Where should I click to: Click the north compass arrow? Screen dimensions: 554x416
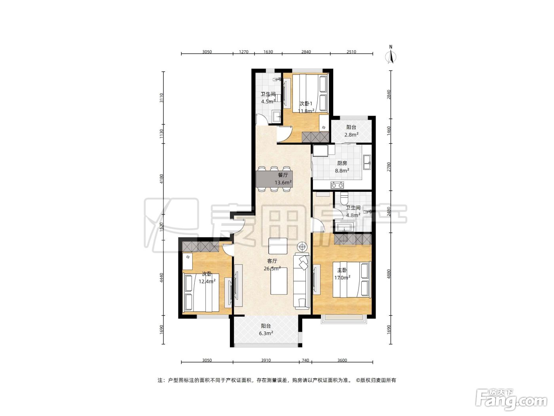click(391, 57)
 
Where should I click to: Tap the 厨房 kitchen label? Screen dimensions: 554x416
click(342, 163)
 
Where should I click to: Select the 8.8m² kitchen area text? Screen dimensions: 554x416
click(342, 170)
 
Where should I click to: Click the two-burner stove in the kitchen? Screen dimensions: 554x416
click(337, 185)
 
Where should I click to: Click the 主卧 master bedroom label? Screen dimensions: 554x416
click(342, 270)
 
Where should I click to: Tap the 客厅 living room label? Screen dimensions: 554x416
click(272, 261)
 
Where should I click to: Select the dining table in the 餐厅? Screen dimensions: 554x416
click(274, 179)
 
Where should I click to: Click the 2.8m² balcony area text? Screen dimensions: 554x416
click(351, 135)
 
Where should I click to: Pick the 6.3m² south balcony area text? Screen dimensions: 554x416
click(266, 333)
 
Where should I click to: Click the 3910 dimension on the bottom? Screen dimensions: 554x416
click(266, 360)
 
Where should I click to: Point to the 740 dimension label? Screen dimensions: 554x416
click(305, 360)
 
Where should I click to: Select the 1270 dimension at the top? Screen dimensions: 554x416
click(243, 52)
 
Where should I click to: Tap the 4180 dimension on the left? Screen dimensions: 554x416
click(161, 179)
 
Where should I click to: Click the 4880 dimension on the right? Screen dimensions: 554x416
click(389, 274)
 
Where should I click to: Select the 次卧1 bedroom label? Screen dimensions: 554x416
click(305, 103)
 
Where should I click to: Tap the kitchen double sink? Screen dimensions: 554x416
click(367, 162)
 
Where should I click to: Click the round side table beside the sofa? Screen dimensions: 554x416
click(302, 246)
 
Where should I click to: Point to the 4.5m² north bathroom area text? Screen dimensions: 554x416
click(268, 101)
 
